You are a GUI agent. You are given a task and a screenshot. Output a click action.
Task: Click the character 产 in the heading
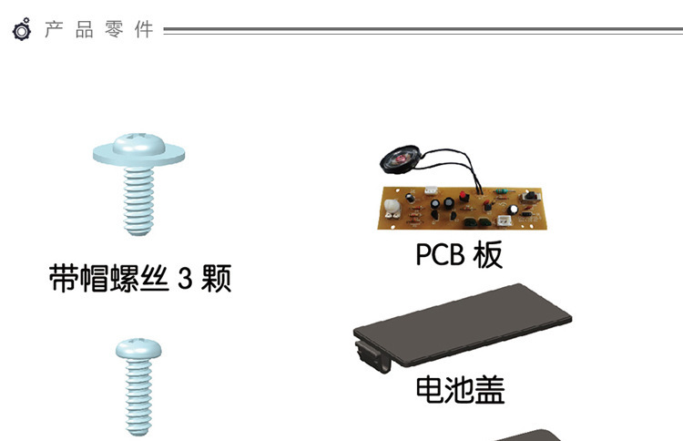pos(52,30)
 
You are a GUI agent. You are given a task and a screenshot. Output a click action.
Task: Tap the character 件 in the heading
pos(144,30)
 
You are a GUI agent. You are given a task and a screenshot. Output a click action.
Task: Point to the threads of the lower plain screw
pos(138,401)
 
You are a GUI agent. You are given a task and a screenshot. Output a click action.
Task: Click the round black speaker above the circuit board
pos(401,165)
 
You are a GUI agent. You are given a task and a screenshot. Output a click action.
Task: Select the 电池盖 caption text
pos(460,390)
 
